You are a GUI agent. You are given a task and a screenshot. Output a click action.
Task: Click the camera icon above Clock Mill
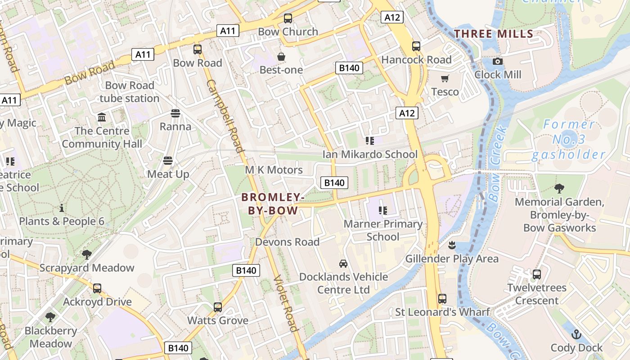[x=497, y=61]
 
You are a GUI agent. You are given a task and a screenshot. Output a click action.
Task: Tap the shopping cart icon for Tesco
[x=445, y=79]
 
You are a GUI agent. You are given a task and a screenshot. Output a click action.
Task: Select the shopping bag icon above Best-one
[x=281, y=57]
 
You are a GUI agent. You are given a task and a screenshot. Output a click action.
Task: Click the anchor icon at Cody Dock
[x=576, y=334]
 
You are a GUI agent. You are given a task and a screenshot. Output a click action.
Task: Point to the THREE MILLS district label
[x=494, y=34]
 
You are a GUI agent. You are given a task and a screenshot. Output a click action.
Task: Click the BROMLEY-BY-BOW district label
[x=273, y=204]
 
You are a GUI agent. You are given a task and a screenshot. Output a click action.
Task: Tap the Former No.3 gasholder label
[x=569, y=139]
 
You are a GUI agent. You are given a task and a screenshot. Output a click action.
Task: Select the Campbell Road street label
[x=225, y=116]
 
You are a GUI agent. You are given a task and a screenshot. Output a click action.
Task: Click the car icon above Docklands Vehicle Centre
[x=343, y=263]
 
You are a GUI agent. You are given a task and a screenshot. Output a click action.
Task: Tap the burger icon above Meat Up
[x=168, y=161]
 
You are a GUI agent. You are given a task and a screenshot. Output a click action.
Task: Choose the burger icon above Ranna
[x=175, y=113]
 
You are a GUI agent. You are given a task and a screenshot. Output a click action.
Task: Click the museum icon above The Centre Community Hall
[x=102, y=117]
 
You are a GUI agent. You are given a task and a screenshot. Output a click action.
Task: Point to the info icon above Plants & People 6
[x=61, y=208]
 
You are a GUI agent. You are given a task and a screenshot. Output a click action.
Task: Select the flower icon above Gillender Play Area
[x=452, y=245]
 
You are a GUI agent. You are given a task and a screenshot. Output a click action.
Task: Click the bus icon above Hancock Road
[x=416, y=46]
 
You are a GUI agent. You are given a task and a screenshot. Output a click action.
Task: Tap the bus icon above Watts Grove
[x=218, y=307]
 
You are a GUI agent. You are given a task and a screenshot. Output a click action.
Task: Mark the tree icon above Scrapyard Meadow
[x=86, y=255]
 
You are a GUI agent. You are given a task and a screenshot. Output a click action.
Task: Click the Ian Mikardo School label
[x=370, y=154]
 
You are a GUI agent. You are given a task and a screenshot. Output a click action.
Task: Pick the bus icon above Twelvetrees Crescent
[x=536, y=274]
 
